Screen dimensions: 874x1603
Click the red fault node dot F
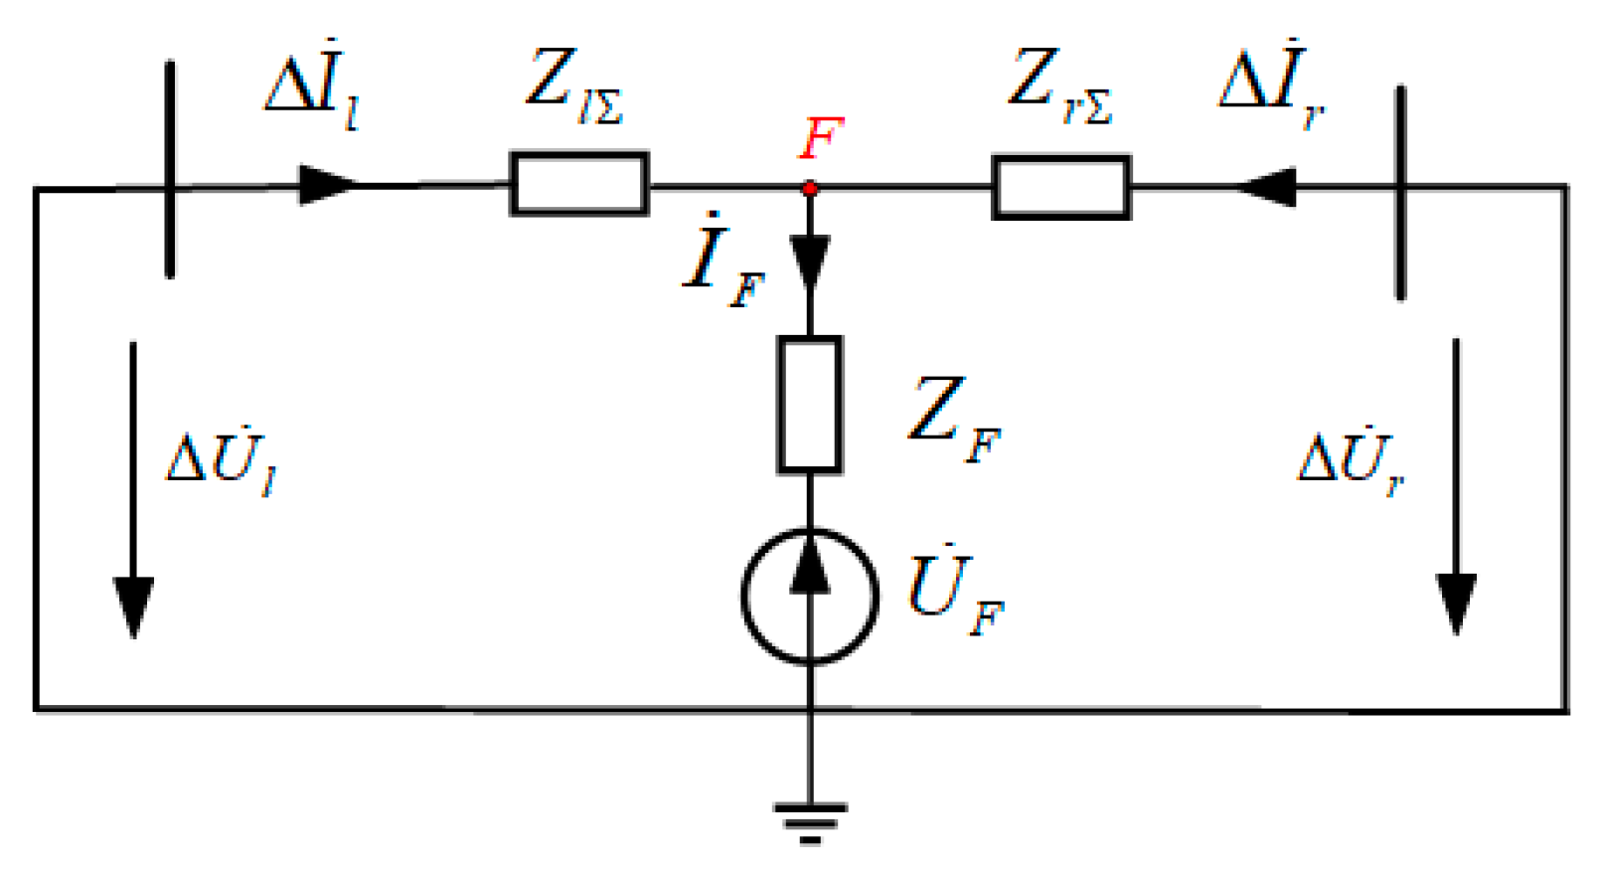click(x=810, y=188)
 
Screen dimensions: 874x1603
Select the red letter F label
click(x=821, y=138)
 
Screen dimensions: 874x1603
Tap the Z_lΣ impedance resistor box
click(x=579, y=184)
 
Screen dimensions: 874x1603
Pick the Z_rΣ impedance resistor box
click(x=1061, y=187)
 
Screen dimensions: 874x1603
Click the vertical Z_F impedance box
click(x=810, y=404)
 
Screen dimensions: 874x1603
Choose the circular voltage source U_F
click(x=810, y=595)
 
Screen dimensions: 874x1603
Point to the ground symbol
click(x=810, y=821)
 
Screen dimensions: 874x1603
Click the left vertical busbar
click(x=170, y=169)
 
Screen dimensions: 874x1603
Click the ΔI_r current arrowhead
click(x=1266, y=187)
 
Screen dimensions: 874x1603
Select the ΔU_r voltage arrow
click(x=1456, y=487)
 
